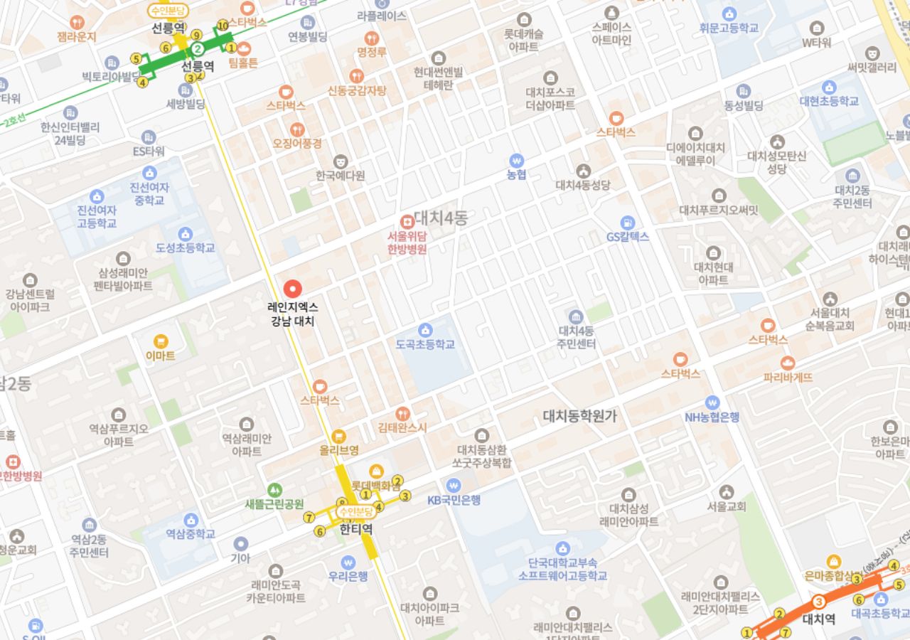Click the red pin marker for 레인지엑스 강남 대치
292,289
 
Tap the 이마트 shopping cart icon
161,341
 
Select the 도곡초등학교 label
425,344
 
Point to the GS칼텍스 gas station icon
627,223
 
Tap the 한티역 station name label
356,529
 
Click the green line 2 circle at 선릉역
198,49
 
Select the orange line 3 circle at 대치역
819,602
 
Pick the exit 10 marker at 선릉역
223,26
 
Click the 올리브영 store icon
339,436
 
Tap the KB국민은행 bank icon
454,486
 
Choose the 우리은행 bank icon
348,562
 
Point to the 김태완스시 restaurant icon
402,414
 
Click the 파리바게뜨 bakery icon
787,363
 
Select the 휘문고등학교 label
729,28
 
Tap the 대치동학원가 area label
580,416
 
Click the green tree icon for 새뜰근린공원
274,490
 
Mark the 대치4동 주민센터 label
576,337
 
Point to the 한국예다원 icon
341,161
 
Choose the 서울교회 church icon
726,492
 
